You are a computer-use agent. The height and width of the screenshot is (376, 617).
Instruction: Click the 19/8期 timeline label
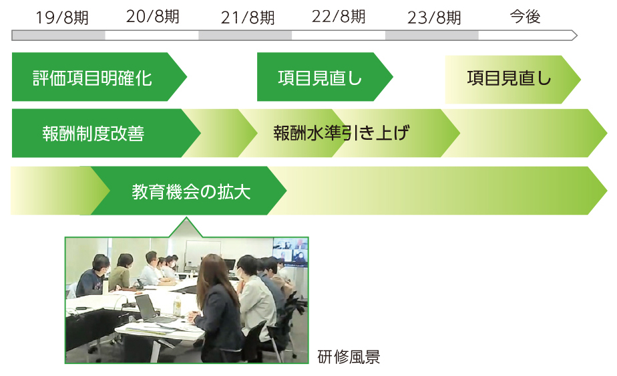[62, 18]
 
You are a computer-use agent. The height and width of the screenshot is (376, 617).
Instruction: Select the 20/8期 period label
[153, 17]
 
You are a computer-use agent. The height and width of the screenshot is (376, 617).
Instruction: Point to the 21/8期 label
[248, 18]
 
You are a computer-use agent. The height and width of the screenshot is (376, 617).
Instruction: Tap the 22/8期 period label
[339, 17]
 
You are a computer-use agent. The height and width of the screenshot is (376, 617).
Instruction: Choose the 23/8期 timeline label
[434, 18]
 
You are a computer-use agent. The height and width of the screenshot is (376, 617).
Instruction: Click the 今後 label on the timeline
[525, 17]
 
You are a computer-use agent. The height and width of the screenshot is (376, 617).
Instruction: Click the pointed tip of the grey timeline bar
[577, 35]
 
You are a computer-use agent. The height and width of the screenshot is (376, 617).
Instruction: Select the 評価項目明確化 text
[92, 78]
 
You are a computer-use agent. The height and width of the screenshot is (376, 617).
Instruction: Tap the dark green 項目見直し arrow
[325, 77]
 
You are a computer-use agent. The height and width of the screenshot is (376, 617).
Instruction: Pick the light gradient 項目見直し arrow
[513, 80]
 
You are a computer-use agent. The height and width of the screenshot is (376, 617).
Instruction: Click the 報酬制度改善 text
[93, 134]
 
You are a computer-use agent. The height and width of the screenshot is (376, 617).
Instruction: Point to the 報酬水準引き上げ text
[341, 133]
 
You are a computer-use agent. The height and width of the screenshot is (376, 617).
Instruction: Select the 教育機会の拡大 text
[191, 192]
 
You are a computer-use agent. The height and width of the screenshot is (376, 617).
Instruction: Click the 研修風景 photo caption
[349, 357]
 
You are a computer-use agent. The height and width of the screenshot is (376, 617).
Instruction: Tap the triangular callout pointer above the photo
[186, 227]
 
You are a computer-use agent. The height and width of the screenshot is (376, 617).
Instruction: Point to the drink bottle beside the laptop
[178, 306]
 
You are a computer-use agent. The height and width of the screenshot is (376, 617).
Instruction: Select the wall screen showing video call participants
[290, 252]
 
